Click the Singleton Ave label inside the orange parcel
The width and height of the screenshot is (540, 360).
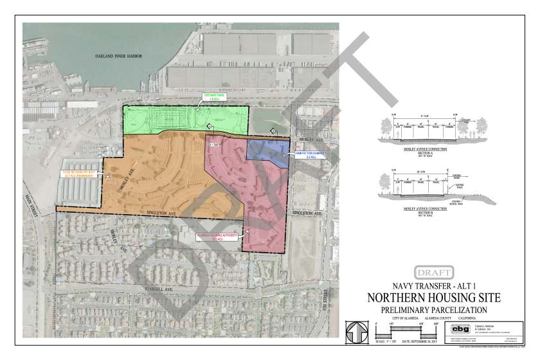[x=161, y=213]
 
